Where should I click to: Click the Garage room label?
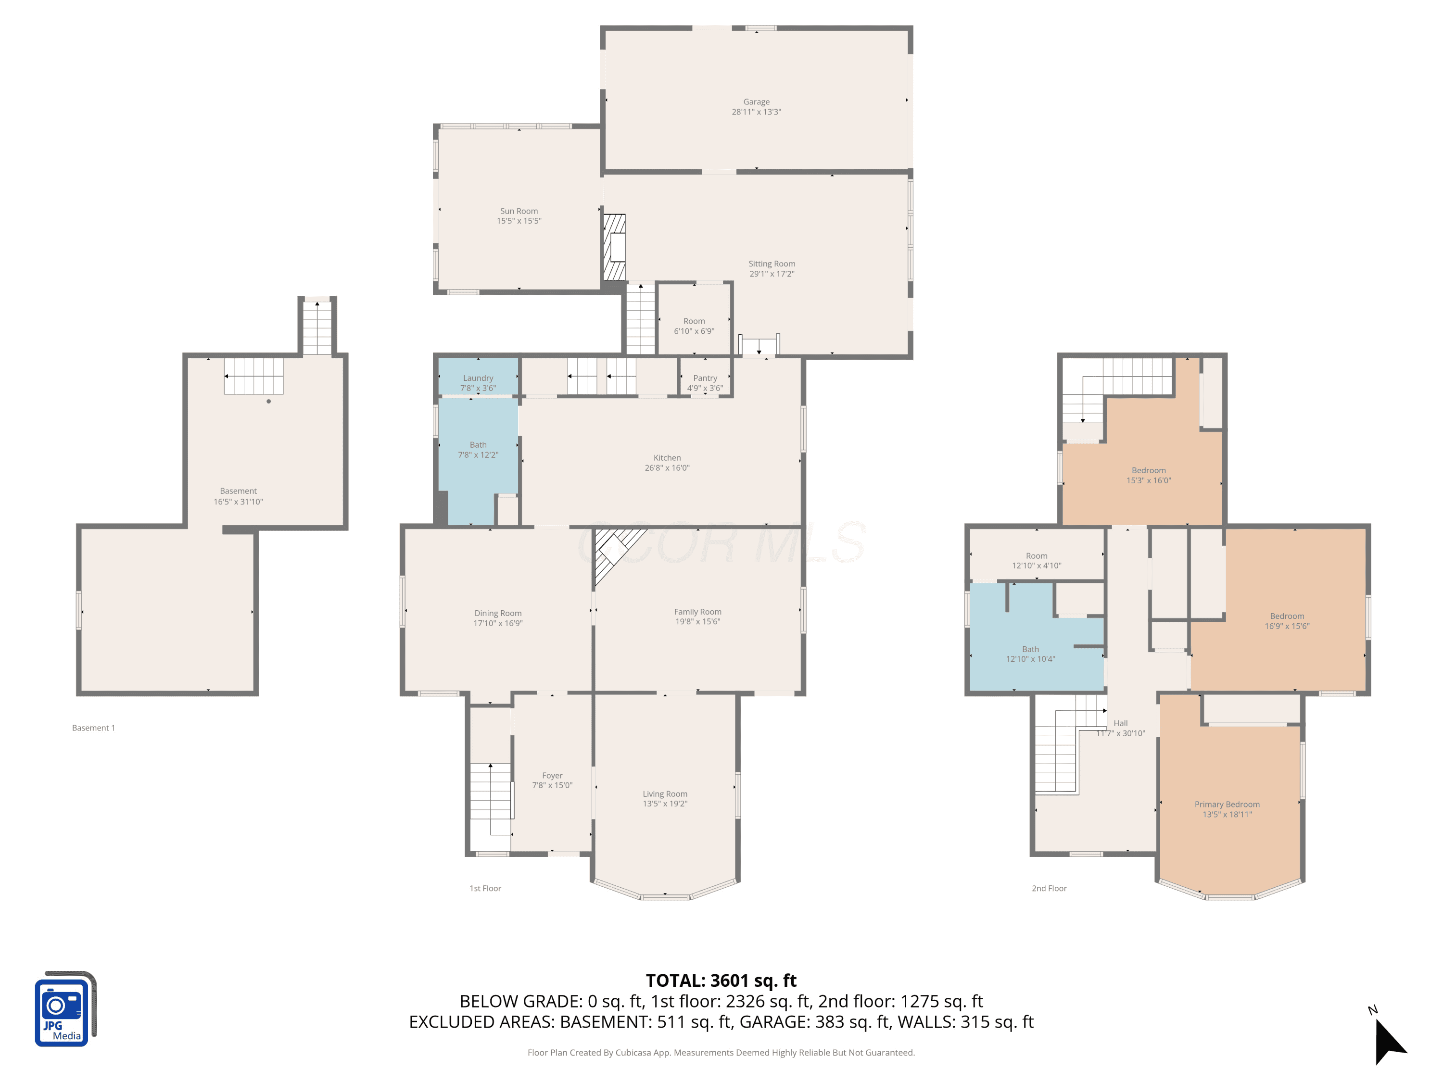[756, 102]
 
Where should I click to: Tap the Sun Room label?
[519, 211]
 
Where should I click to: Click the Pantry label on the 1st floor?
[705, 377]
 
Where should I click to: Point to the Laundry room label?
[478, 377]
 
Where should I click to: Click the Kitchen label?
[667, 458]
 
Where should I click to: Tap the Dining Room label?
[498, 613]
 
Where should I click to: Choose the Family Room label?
[697, 612]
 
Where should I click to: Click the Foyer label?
[552, 776]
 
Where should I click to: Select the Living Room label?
[665, 794]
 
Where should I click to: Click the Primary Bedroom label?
[1227, 804]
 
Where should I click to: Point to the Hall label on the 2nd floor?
[1120, 723]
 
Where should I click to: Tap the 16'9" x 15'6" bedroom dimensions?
[1287, 626]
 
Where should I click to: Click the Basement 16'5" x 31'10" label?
[238, 496]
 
